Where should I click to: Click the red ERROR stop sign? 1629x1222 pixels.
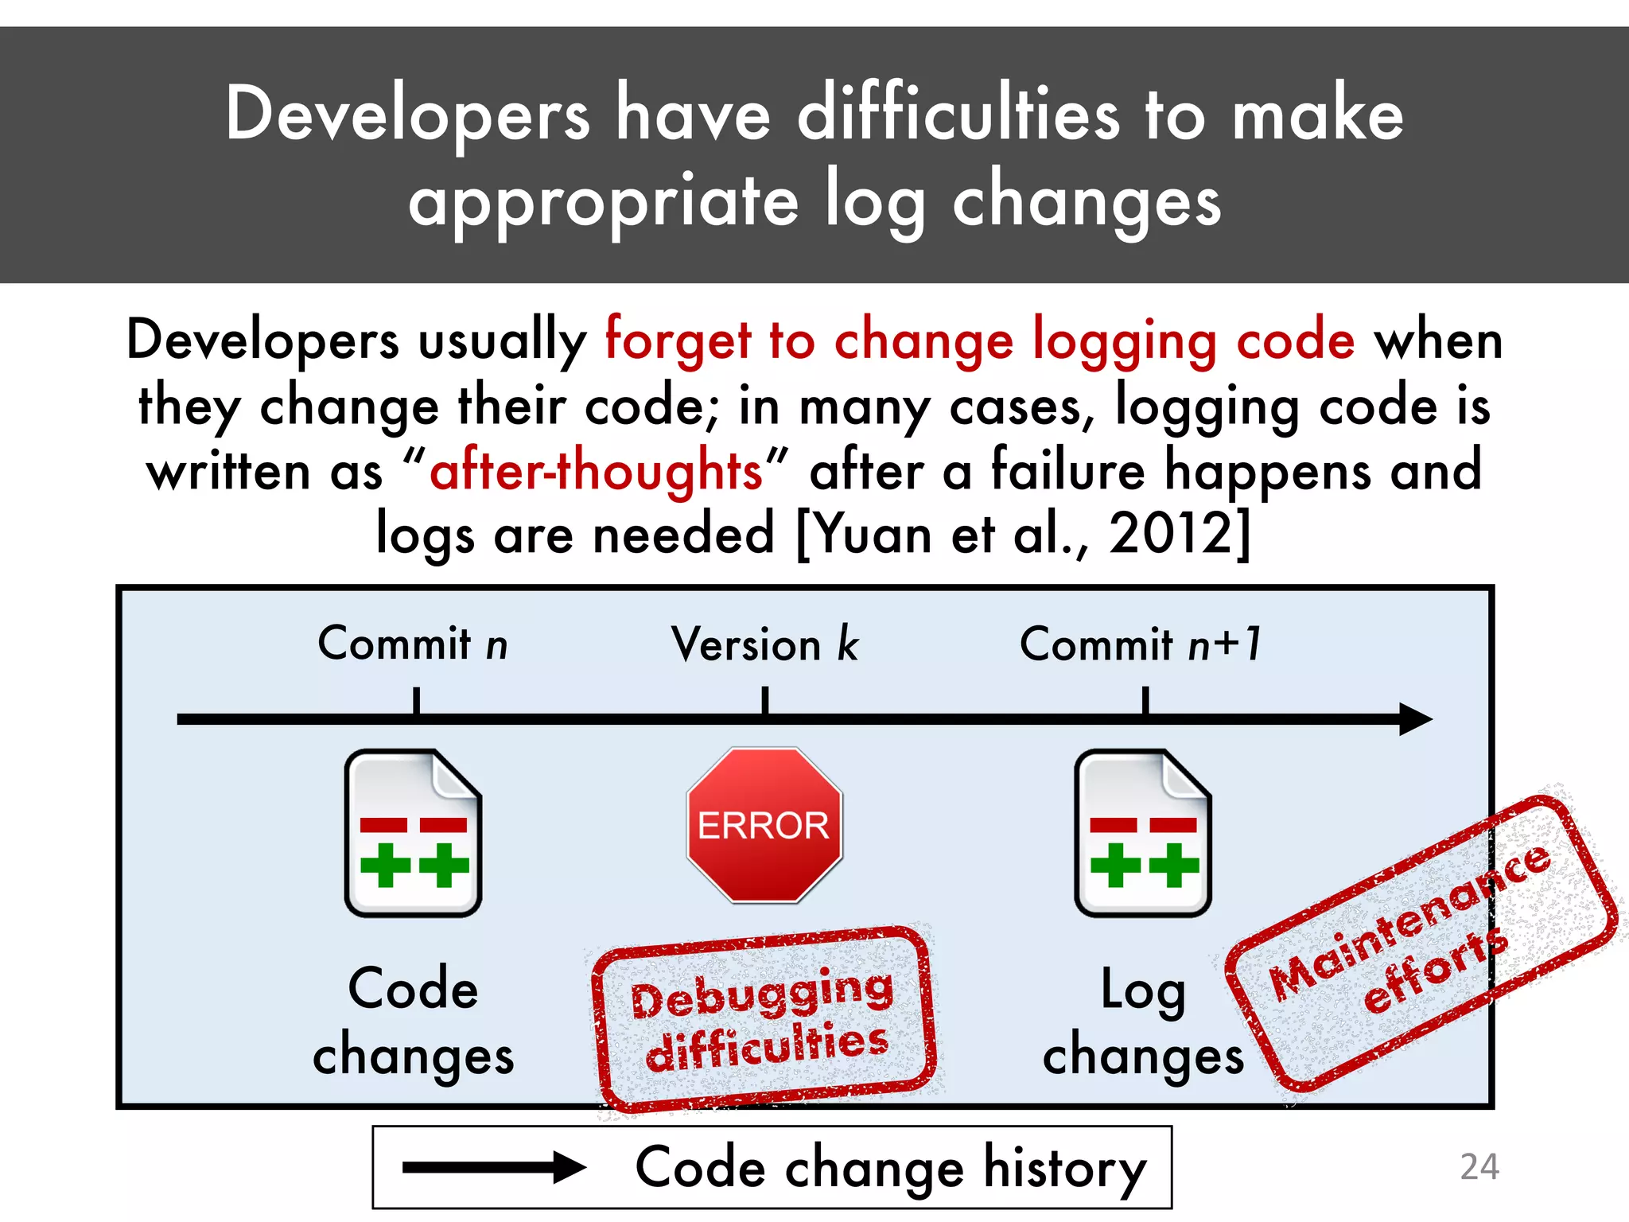pos(764,825)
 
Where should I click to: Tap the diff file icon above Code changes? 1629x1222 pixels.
pos(413,833)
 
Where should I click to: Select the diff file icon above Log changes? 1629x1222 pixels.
pos(1143,833)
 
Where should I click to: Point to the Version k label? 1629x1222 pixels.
pos(764,644)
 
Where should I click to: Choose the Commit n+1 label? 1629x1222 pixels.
pos(1141,644)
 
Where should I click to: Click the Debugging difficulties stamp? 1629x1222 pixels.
pos(764,1018)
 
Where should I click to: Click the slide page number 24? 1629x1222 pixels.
pos(1479,1167)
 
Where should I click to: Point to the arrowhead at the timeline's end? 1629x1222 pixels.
pos(1416,719)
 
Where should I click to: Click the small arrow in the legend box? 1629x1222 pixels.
pos(493,1168)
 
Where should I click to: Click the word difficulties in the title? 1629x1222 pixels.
pos(958,116)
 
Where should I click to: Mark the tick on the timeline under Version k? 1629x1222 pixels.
pos(765,702)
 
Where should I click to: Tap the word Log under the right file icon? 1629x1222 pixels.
pos(1142,991)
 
